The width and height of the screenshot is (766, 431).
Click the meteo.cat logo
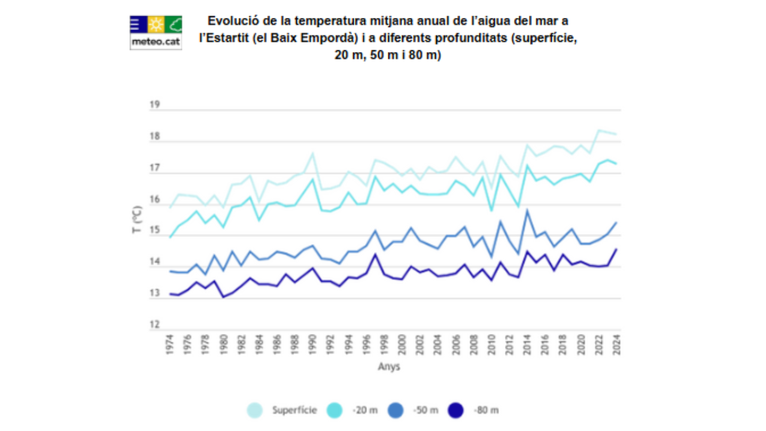click(x=156, y=32)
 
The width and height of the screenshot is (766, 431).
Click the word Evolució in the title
click(x=230, y=22)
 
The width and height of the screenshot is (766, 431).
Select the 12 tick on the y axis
click(x=154, y=325)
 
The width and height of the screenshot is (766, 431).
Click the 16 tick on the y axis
click(x=154, y=199)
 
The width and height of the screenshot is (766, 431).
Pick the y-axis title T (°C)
click(x=137, y=219)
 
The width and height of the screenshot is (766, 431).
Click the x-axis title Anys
click(x=388, y=366)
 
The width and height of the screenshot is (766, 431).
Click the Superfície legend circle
click(x=255, y=411)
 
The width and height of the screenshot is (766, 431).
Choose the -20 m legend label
click(x=365, y=411)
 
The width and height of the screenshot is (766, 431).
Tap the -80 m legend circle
click(x=456, y=411)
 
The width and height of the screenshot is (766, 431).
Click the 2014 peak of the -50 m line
click(x=527, y=210)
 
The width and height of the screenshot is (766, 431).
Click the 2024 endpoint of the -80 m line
click(x=616, y=249)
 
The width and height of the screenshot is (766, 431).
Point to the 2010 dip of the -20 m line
click(x=491, y=210)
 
